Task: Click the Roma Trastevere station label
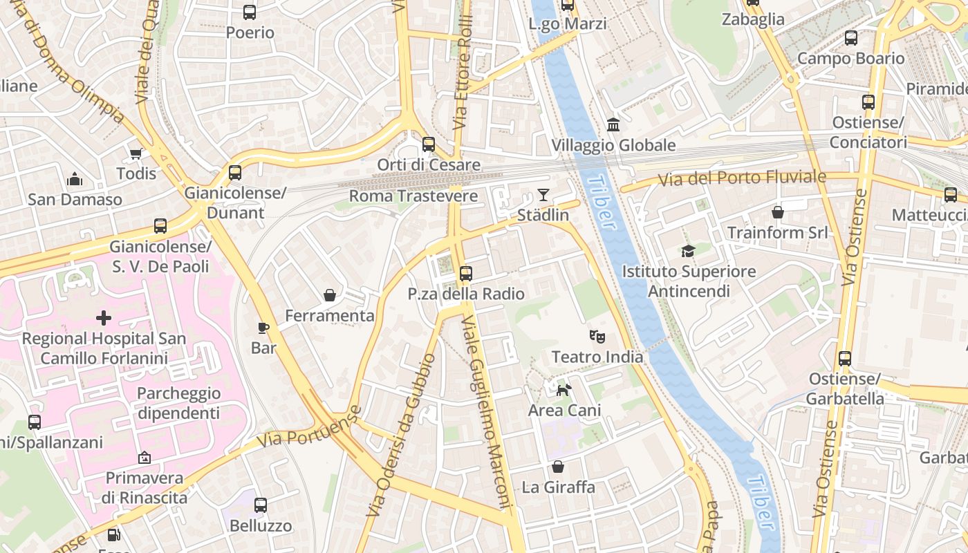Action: (413, 196)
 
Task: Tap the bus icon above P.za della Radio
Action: (466, 274)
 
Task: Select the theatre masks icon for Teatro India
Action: (597, 337)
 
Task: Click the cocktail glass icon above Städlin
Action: (543, 195)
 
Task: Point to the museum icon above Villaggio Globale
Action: (613, 125)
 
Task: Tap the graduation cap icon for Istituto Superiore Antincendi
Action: (688, 251)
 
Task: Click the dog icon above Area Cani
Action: (564, 390)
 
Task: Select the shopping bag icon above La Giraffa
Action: (557, 467)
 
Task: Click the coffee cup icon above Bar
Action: (263, 328)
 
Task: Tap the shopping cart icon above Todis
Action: (136, 153)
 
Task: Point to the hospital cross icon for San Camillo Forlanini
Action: (104, 318)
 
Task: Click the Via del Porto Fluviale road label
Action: (741, 178)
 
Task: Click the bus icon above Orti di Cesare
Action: (429, 144)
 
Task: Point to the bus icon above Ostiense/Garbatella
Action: (845, 359)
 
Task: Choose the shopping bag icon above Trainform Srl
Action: (778, 212)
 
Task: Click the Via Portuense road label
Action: (308, 428)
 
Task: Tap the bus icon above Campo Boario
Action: (851, 38)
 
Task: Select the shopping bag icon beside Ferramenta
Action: (330, 296)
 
